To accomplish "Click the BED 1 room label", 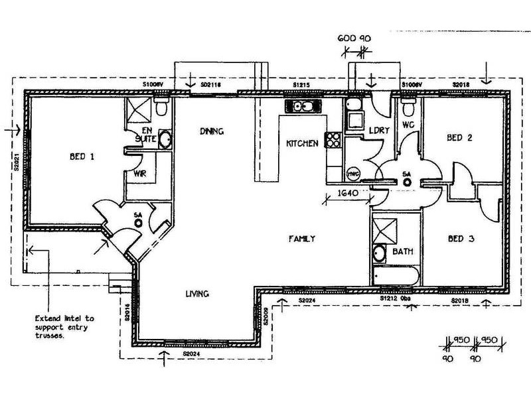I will pos(83,157).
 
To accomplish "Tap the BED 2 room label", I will pos(459,138).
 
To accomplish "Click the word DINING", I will pos(212,131).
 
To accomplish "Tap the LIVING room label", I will pos(198,293).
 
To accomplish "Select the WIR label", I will pos(140,174).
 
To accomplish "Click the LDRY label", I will pos(378,131).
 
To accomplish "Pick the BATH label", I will pos(403,252).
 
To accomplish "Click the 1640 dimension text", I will pos(348,194).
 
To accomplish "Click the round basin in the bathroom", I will pos(379,252).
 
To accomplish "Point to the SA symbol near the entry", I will pos(139,222).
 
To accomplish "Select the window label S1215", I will pos(303,86).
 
